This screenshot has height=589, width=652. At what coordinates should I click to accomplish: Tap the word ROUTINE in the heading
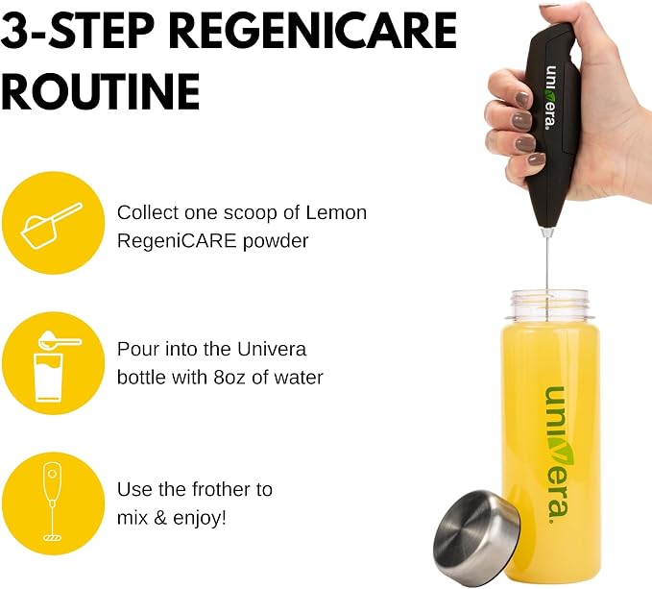tap(101, 91)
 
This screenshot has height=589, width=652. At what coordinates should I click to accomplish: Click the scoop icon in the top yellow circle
tap(51, 225)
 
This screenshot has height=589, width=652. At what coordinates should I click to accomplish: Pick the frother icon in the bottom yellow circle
tap(53, 502)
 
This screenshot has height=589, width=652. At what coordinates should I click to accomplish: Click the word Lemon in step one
tap(336, 212)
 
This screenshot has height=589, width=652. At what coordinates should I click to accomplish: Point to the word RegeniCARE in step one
tap(177, 241)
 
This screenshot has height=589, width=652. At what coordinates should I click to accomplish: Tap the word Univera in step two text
tap(272, 349)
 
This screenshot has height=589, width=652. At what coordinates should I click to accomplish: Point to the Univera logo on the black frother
tap(551, 97)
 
